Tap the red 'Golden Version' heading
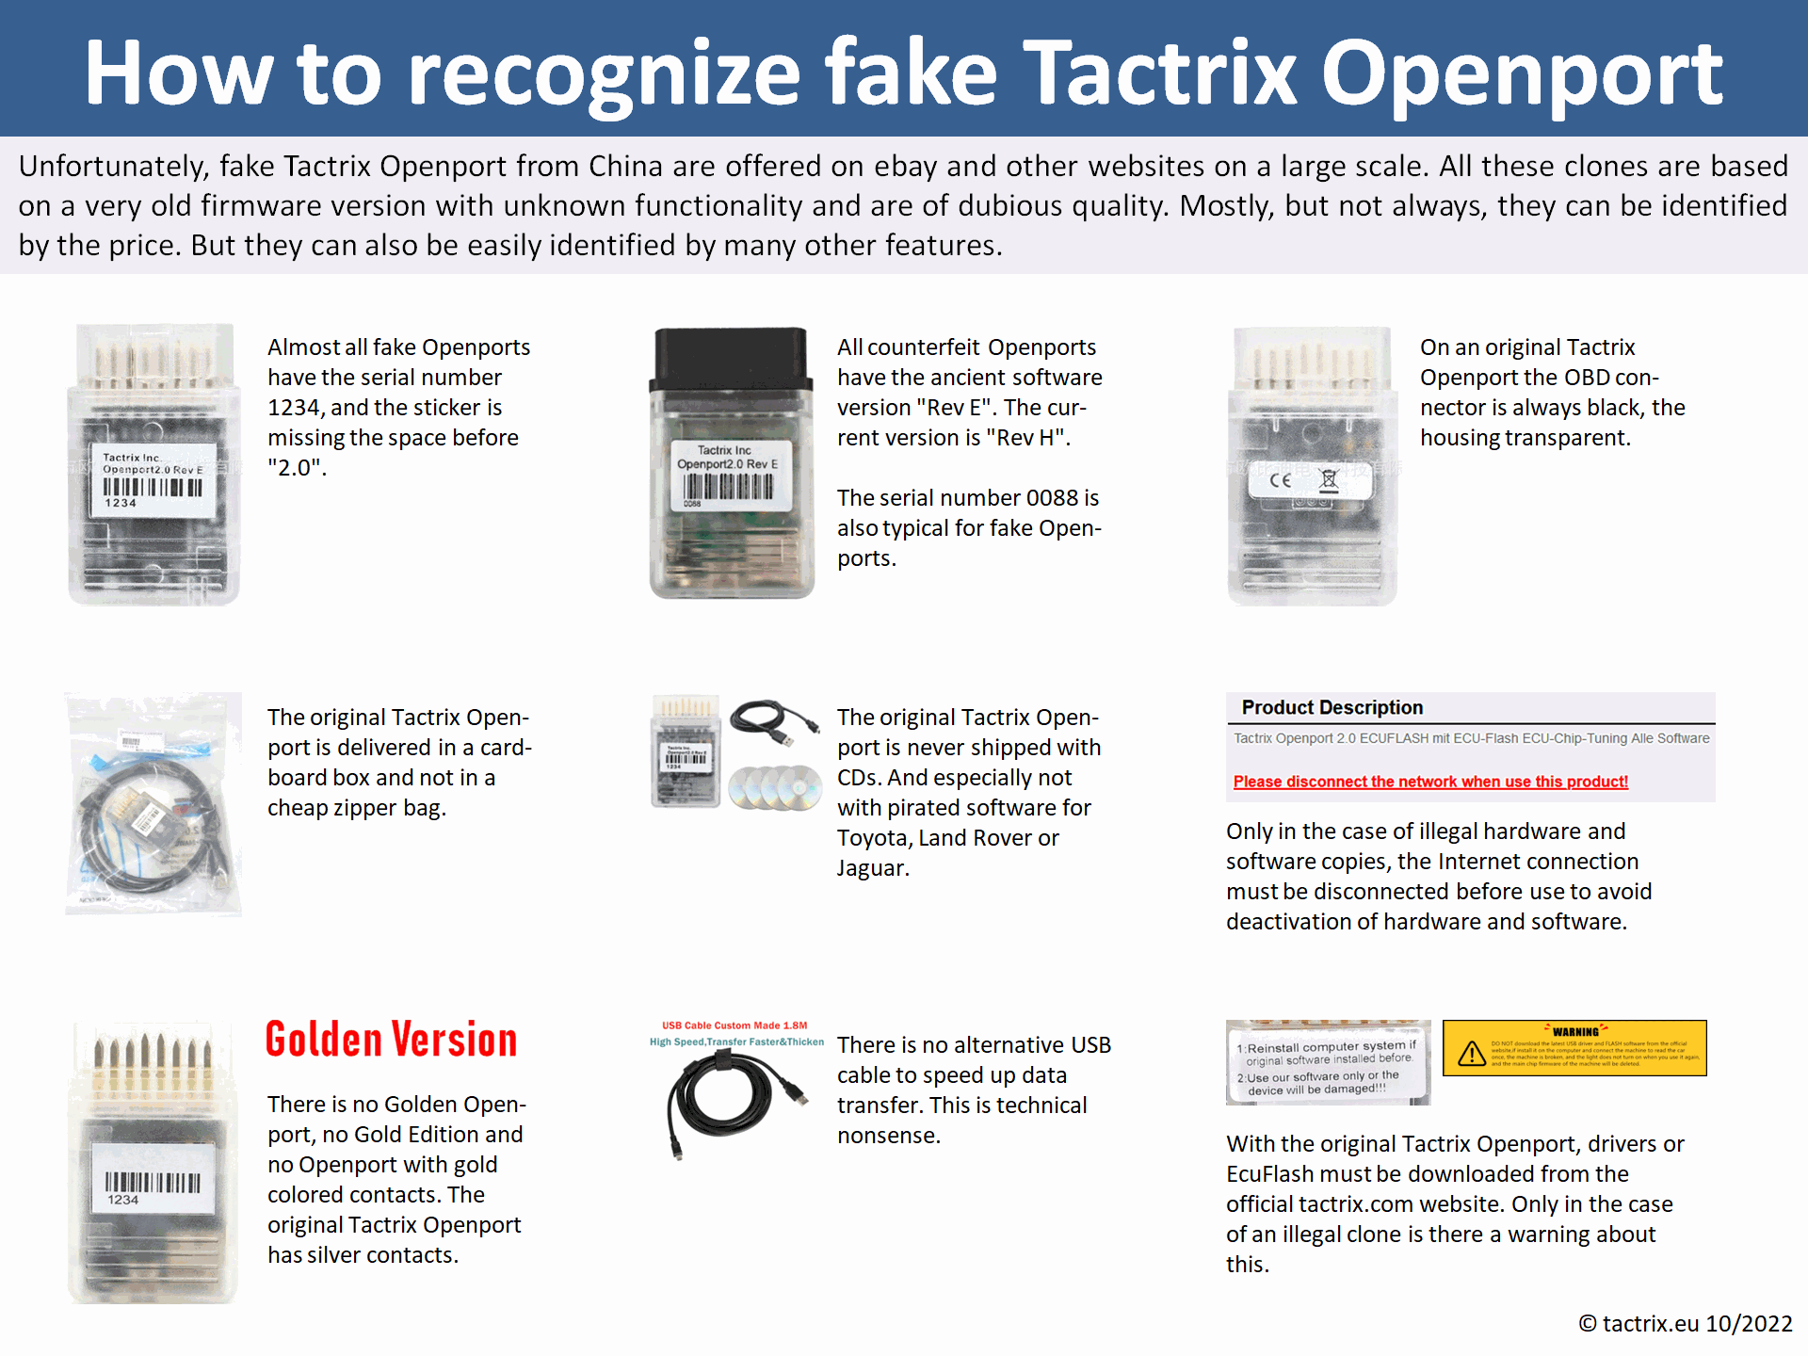[x=391, y=1040]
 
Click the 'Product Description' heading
[x=1332, y=707]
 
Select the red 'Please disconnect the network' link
[x=1429, y=782]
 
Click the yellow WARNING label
[x=1574, y=1048]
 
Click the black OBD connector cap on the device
[x=731, y=358]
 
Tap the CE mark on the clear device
[x=1280, y=480]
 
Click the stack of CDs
[x=775, y=787]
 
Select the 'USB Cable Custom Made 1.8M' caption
[x=734, y=1025]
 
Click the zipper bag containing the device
[x=153, y=805]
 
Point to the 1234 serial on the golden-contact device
[x=122, y=1200]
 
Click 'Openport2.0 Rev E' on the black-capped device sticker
[x=727, y=464]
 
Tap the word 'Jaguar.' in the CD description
[x=873, y=868]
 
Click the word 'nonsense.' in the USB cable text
[x=888, y=1136]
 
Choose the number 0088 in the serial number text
[x=1051, y=498]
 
